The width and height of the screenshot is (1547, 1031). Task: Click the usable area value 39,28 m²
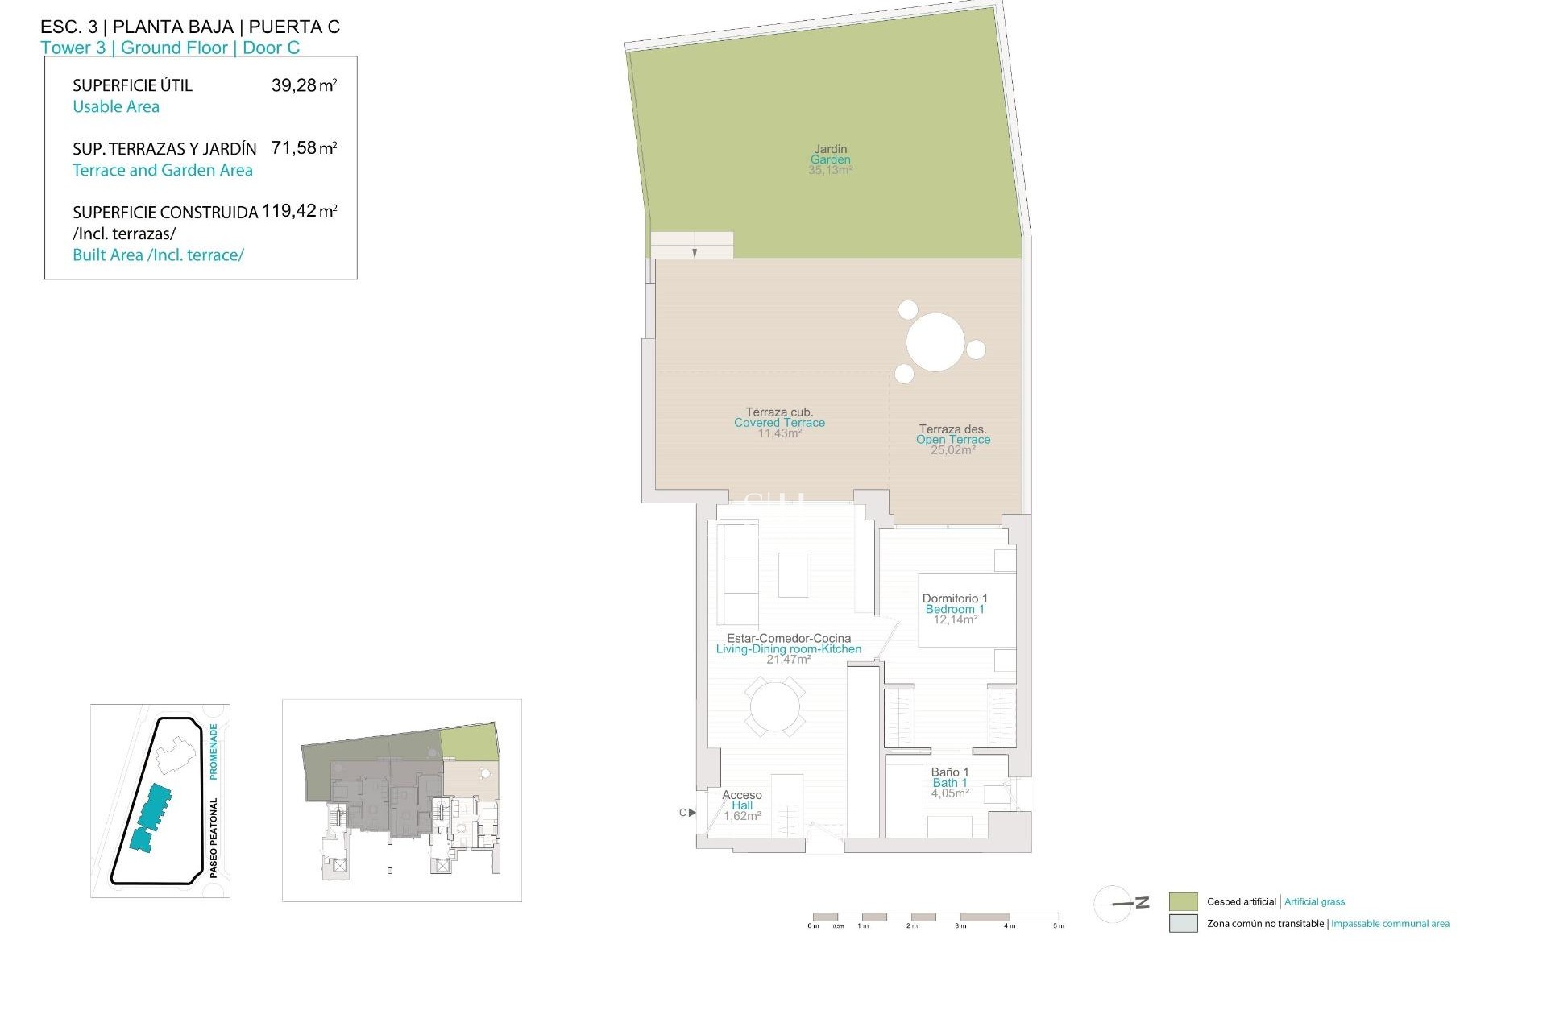pos(304,85)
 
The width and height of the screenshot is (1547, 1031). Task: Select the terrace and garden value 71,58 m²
pos(304,148)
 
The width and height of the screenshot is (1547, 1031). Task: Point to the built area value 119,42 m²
pos(299,212)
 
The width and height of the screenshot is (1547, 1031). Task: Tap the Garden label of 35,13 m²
pos(830,159)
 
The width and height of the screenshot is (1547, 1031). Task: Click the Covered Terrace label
pos(779,423)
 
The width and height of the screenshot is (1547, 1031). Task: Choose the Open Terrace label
pos(952,440)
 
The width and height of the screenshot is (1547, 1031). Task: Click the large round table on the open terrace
pos(935,342)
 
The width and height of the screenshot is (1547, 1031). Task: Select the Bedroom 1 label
pos(955,609)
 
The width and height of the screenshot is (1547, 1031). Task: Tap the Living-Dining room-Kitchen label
pos(788,649)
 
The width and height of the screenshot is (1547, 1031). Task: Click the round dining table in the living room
pos(774,707)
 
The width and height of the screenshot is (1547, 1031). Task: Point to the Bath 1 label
pos(950,783)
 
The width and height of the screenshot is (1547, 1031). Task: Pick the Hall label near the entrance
pos(742,805)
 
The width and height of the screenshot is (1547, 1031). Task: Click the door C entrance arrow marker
pos(691,813)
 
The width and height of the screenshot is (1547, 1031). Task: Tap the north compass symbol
pos(1120,904)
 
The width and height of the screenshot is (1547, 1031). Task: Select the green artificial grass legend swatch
pos(1183,902)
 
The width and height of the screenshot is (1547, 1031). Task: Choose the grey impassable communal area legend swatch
pos(1183,924)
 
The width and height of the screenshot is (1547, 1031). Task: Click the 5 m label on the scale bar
pos(1059,926)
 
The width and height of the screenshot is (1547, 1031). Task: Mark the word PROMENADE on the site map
pos(214,751)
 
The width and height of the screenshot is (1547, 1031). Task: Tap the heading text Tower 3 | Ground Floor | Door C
pos(170,48)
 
